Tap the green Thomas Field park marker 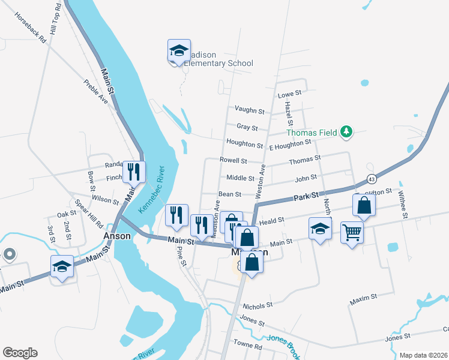coord(346,132)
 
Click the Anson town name coord(117,236)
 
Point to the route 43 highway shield coord(372,179)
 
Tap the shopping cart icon coord(351,231)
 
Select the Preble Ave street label coord(96,92)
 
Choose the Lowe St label coord(289,94)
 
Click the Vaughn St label coord(250,110)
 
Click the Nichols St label coord(258,304)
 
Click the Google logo coord(20,353)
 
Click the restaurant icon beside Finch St coord(133,172)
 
